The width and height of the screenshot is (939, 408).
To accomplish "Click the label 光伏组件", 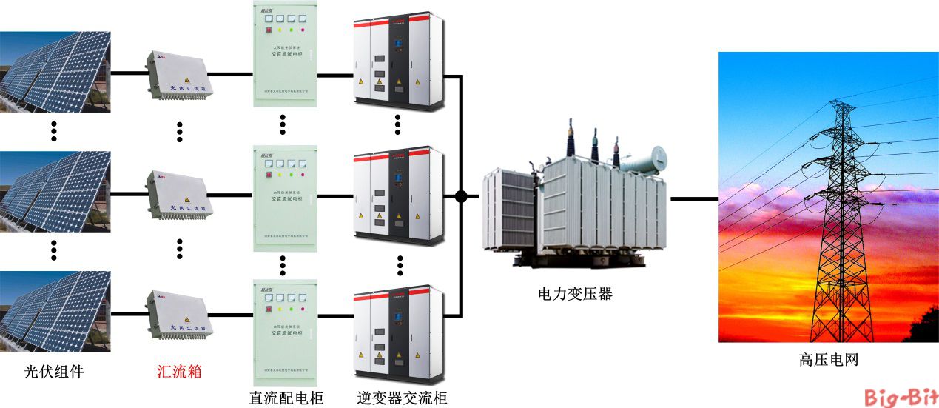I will coord(53,372).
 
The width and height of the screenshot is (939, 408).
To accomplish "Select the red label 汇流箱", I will coord(180,372).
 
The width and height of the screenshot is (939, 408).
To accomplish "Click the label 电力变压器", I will coord(575,294).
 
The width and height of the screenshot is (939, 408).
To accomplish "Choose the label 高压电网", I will coord(828,361).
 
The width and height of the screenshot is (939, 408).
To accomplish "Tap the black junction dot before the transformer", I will coord(461,197).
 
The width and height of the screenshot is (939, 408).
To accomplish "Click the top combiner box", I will coord(180,74).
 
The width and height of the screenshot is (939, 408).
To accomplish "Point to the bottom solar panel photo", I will coord(55,311).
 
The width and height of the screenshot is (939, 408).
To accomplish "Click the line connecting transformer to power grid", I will coord(694,198).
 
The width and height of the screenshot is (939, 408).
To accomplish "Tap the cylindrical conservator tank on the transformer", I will coord(648,159).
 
